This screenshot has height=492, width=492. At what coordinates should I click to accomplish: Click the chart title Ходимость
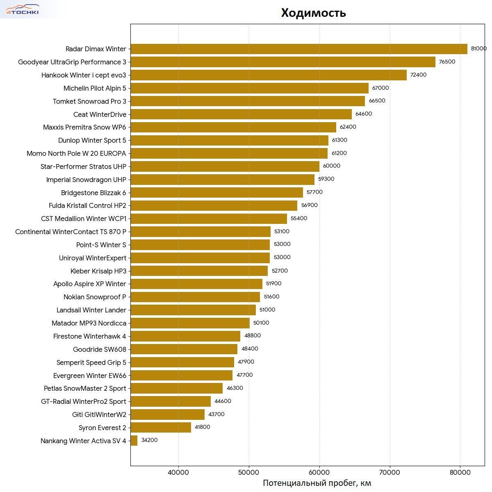313,13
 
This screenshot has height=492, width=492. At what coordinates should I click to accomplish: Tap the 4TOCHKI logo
23,10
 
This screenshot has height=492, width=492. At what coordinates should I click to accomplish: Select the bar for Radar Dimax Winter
298,49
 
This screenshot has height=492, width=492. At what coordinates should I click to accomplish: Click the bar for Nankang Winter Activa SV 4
134,441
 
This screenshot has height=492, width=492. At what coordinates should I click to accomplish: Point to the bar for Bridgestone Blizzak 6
216,193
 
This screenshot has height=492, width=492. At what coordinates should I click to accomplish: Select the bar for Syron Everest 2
161,428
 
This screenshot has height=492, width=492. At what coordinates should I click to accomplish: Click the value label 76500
447,62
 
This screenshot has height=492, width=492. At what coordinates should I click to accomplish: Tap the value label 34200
149,440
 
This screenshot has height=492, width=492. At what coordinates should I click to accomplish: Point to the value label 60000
331,166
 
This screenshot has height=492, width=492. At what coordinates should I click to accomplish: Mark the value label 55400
298,219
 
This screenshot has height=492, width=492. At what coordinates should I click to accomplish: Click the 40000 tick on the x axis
178,472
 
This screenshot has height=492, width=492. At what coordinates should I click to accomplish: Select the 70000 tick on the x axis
390,472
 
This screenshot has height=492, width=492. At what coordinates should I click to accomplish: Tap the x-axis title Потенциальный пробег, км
317,483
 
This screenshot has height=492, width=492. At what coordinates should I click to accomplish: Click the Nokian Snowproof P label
95,297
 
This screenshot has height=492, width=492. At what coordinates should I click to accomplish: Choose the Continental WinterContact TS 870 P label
71,232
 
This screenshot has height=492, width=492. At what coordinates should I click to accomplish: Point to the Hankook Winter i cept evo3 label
84,75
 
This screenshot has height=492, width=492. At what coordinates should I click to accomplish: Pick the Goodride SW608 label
99,349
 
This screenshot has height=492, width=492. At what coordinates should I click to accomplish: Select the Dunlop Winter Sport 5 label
92,140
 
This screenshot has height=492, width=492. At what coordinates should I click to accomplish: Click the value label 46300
235,388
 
